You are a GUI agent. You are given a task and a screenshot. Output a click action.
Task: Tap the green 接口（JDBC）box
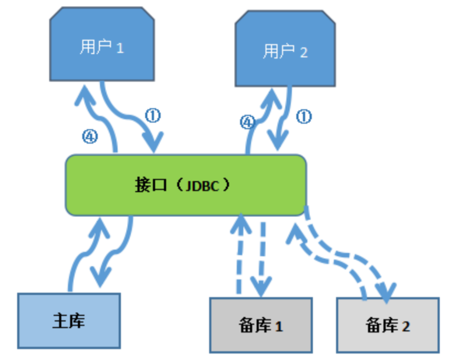pyautogui.click(x=185, y=185)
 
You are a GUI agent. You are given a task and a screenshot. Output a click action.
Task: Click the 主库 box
pyautogui.click(x=69, y=321)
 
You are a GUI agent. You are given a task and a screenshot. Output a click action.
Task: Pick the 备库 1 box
pyautogui.click(x=261, y=325)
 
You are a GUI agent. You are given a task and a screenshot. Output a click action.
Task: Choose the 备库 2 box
pyautogui.click(x=388, y=325)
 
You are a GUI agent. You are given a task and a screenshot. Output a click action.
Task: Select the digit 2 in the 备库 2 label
pyautogui.click(x=405, y=327)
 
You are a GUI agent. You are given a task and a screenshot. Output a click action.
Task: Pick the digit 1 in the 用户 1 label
pyautogui.click(x=120, y=48)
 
